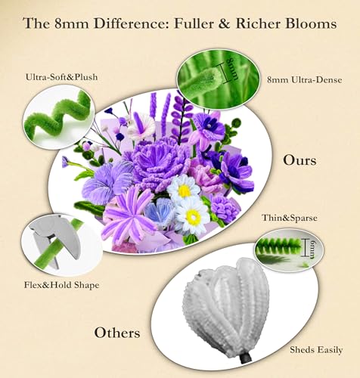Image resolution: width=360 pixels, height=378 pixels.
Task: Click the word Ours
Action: tap(299, 160)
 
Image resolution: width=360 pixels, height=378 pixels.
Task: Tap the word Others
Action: tap(117, 333)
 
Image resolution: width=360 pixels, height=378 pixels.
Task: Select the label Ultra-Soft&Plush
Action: tap(61, 77)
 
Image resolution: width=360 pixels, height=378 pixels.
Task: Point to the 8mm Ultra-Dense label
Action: tap(305, 80)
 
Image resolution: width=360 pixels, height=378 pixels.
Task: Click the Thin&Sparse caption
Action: tap(290, 218)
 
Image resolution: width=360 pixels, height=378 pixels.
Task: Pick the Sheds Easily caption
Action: tap(316, 350)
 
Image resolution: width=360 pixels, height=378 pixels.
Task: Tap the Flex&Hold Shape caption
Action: tap(61, 285)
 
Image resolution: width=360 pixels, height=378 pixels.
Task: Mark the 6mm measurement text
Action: tap(312, 249)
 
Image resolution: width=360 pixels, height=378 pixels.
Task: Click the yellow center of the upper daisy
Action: tap(185, 191)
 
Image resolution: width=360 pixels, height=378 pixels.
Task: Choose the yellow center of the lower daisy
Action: tap(193, 216)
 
